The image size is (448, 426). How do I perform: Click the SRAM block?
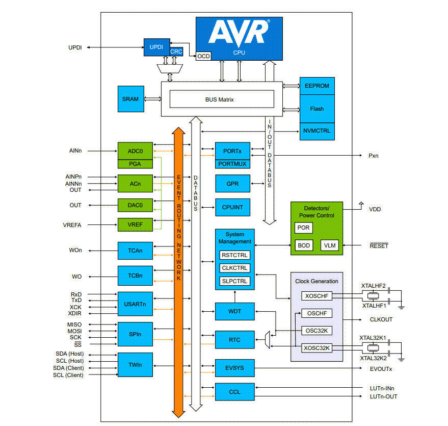click(130, 99)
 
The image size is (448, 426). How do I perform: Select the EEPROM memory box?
click(317, 86)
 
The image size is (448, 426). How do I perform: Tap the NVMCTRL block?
click(317, 131)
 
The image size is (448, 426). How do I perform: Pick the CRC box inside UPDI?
click(176, 52)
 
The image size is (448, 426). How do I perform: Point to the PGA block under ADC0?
click(135, 164)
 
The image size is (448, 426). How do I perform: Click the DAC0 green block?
click(135, 205)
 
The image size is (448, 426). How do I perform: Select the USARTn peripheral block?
click(135, 305)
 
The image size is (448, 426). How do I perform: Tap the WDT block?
click(234, 311)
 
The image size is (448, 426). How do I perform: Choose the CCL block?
click(234, 392)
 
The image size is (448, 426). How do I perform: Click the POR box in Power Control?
click(303, 228)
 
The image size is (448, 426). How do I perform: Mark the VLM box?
click(329, 245)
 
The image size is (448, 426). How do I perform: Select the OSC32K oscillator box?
click(317, 331)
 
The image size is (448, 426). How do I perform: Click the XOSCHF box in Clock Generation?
click(317, 296)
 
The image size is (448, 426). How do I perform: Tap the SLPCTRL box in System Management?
click(235, 281)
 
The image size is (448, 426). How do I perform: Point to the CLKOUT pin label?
click(381, 320)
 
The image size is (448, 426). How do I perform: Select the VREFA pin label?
click(71, 224)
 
